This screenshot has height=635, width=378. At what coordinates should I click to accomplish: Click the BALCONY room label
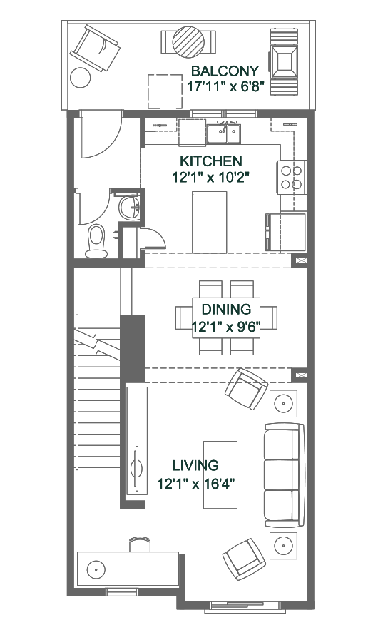[x=225, y=71]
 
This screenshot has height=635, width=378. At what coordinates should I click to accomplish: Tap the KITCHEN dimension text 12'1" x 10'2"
[x=210, y=177]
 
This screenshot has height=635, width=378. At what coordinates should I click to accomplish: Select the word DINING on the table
[x=226, y=310]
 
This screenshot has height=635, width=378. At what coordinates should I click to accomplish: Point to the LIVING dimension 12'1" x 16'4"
[x=196, y=484]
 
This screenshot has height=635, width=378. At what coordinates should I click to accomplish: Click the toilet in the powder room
[x=96, y=241]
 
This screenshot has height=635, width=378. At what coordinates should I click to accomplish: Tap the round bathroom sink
[x=130, y=206]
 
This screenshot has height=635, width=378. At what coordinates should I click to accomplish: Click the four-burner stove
[x=292, y=178]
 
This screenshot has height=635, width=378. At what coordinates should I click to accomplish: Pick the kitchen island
[x=209, y=222]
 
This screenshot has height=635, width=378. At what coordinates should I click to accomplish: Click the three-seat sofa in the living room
[x=284, y=475]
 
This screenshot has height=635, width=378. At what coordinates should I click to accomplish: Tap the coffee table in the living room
[x=220, y=474]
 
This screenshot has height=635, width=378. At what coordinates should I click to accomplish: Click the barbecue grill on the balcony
[x=285, y=61]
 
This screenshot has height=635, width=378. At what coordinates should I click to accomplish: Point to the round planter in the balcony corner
[x=81, y=77]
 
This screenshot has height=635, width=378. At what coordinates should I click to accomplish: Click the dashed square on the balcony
[x=165, y=91]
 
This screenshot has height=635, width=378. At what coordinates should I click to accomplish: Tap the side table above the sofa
[x=283, y=403]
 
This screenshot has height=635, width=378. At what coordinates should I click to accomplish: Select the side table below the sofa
[x=283, y=545]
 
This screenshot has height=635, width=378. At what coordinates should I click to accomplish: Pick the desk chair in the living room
[x=141, y=544]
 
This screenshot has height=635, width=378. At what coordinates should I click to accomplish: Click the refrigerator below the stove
[x=286, y=232]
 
